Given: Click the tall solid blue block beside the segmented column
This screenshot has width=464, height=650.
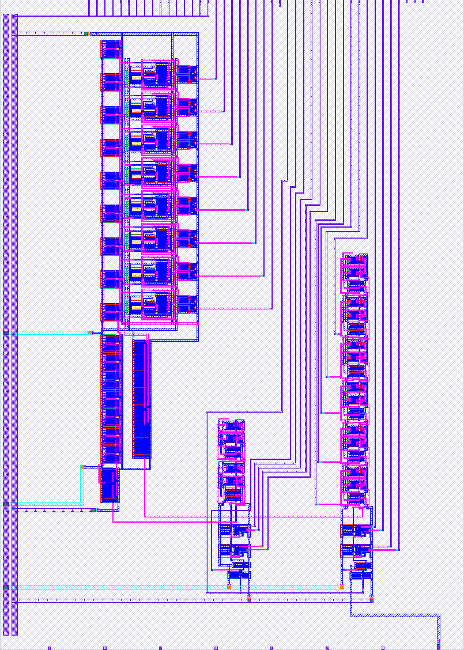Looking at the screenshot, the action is (x=141, y=398).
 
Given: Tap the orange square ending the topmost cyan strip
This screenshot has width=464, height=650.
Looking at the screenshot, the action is (x=89, y=332).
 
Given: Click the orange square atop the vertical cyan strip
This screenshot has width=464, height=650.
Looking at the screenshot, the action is (x=82, y=467).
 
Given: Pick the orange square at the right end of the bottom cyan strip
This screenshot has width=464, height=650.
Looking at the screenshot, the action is (x=342, y=587).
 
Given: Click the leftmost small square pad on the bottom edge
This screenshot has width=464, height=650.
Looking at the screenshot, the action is (x=49, y=648).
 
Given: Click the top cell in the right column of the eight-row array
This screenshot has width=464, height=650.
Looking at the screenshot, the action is (x=186, y=73).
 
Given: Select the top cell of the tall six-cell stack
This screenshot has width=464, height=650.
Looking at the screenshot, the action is (x=354, y=269).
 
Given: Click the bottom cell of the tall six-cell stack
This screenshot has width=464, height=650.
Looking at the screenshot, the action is (x=354, y=485).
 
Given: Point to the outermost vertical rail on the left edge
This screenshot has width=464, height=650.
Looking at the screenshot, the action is (x=6, y=323).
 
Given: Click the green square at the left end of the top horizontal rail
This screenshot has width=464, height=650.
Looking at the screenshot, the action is (x=86, y=33).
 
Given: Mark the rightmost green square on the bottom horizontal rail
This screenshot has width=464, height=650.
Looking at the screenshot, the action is (x=371, y=600).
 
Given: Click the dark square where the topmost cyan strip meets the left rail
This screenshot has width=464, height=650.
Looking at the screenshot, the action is (x=6, y=333).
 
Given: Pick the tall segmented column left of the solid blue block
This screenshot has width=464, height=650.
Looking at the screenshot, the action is (x=111, y=398).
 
